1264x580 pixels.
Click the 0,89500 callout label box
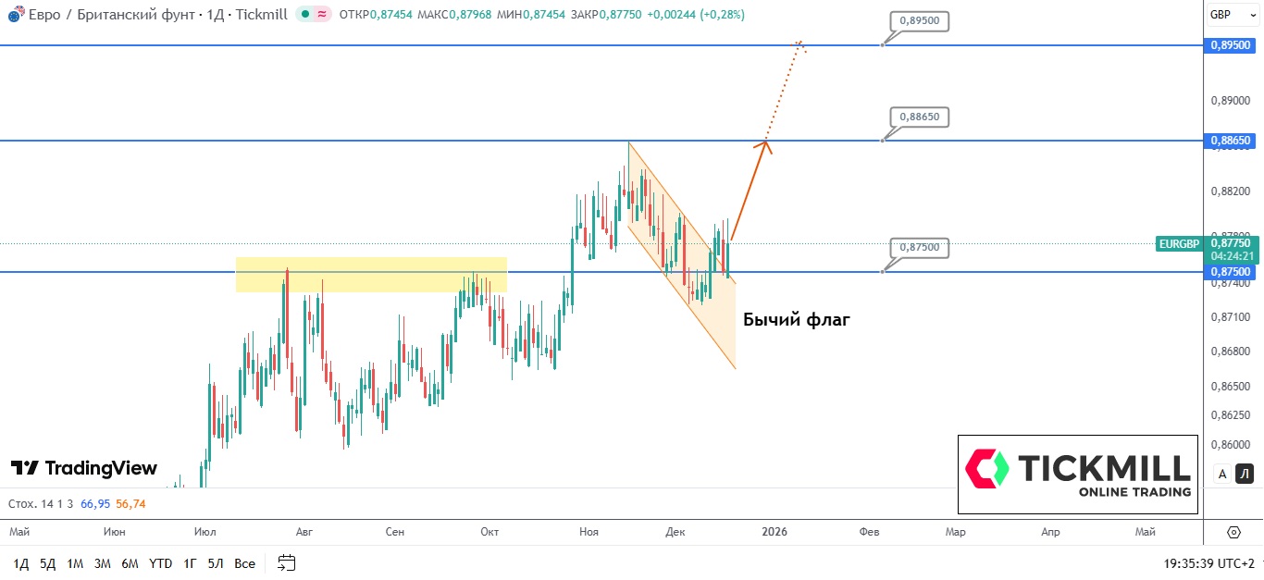tap(920, 22)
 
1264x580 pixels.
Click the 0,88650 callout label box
tap(920, 117)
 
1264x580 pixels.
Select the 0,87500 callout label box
tap(920, 248)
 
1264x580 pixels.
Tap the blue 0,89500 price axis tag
tap(1231, 45)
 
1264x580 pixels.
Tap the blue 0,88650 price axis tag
tap(1231, 141)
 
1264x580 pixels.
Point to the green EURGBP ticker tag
tap(1179, 244)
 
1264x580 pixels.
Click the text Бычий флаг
tap(796, 320)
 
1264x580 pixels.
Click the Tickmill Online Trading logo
tap(1078, 475)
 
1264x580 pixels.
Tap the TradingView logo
tap(84, 468)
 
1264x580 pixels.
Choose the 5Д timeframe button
tap(48, 563)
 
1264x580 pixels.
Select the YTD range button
tap(160, 563)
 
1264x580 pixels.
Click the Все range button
tap(244, 563)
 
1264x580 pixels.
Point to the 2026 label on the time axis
tap(774, 532)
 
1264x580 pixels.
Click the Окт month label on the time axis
tap(489, 532)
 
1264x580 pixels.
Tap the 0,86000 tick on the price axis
tap(1231, 444)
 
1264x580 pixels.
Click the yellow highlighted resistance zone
tap(371, 275)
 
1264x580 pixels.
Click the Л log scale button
tap(1245, 475)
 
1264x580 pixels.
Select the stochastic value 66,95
tap(95, 504)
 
